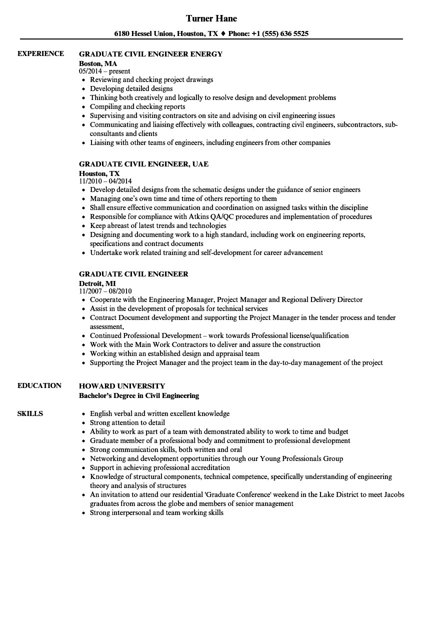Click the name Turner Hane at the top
pos(211,18)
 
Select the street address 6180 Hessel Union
pos(143,34)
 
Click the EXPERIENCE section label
pos(40,53)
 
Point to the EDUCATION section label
pos(39,385)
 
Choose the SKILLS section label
pos(30,413)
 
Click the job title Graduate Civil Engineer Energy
pos(150,54)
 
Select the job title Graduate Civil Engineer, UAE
pos(143,164)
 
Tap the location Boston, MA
pos(98,63)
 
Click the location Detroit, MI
pos(97,283)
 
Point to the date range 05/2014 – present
pos(104,71)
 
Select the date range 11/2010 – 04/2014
pos(105,181)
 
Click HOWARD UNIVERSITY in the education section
pos(122,386)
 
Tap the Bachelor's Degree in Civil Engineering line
pos(139,395)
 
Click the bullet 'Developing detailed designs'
pos(131,88)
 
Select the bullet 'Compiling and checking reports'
pos(137,106)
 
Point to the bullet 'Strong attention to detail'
pos(128,422)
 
